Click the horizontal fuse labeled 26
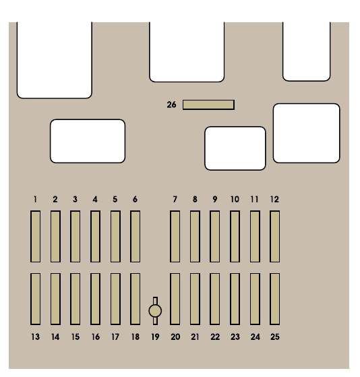pyautogui.click(x=208, y=105)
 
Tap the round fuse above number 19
pyautogui.click(x=155, y=311)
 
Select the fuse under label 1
pyautogui.click(x=35, y=236)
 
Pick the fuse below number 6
pyautogui.click(x=135, y=236)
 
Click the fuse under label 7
pyautogui.click(x=175, y=236)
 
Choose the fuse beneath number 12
pyautogui.click(x=274, y=236)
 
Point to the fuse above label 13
pyautogui.click(x=35, y=299)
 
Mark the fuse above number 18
pyautogui.click(x=135, y=299)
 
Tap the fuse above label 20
pyautogui.click(x=175, y=299)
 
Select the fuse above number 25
pyautogui.click(x=274, y=299)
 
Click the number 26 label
pyautogui.click(x=171, y=105)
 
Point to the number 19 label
pyautogui.click(x=155, y=337)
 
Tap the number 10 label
pyautogui.click(x=235, y=200)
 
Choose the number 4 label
pyautogui.click(x=95, y=200)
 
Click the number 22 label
pyautogui.click(x=215, y=337)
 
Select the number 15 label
pyautogui.click(x=76, y=337)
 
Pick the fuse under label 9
pyautogui.click(x=214, y=236)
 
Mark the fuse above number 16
pyautogui.click(x=96, y=299)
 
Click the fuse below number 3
pyautogui.click(x=76, y=236)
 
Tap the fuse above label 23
pyautogui.click(x=235, y=299)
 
